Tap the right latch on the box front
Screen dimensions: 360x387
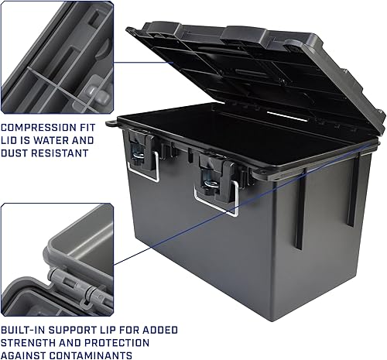(211, 174)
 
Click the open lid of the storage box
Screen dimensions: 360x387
(255, 70)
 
